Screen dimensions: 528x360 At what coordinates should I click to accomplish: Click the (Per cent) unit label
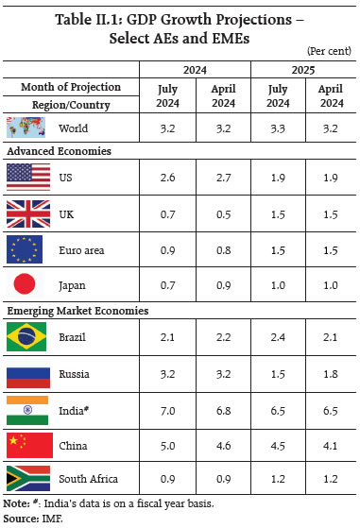click(x=327, y=48)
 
